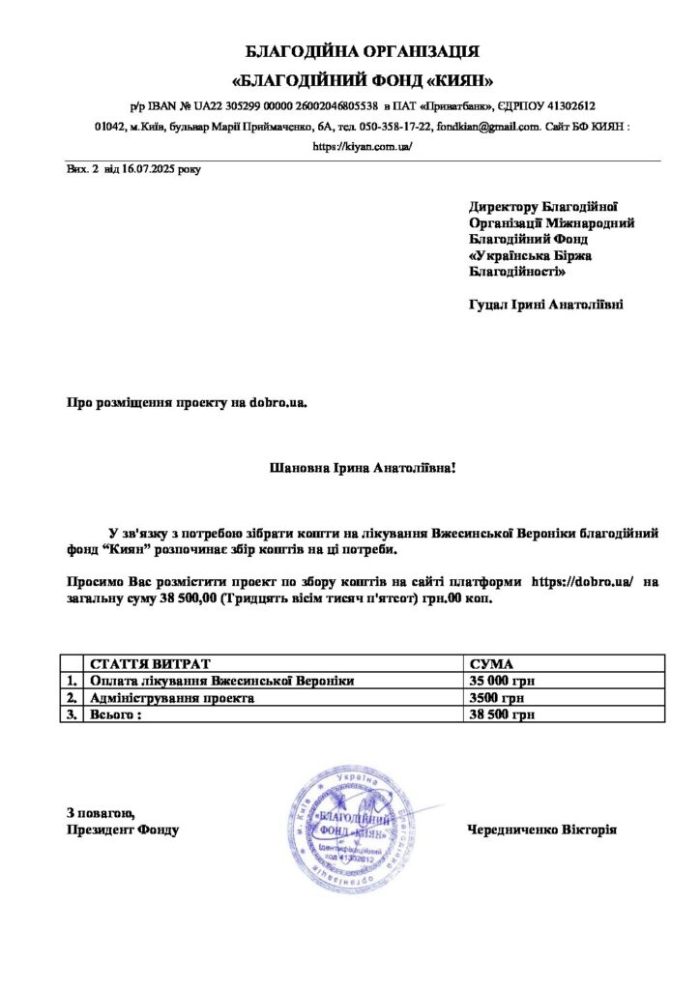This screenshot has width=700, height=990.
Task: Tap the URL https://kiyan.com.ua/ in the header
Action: point(349,147)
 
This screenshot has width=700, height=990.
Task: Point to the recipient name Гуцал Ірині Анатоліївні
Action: point(545,305)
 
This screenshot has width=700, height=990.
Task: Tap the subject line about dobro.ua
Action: point(187,400)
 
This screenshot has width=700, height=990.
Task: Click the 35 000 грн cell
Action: point(502,681)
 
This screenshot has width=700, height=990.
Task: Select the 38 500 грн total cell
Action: point(502,715)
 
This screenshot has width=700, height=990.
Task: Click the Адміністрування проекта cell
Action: point(172,698)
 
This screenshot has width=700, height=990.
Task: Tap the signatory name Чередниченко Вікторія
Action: point(541,830)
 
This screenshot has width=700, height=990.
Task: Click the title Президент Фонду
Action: point(123,830)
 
